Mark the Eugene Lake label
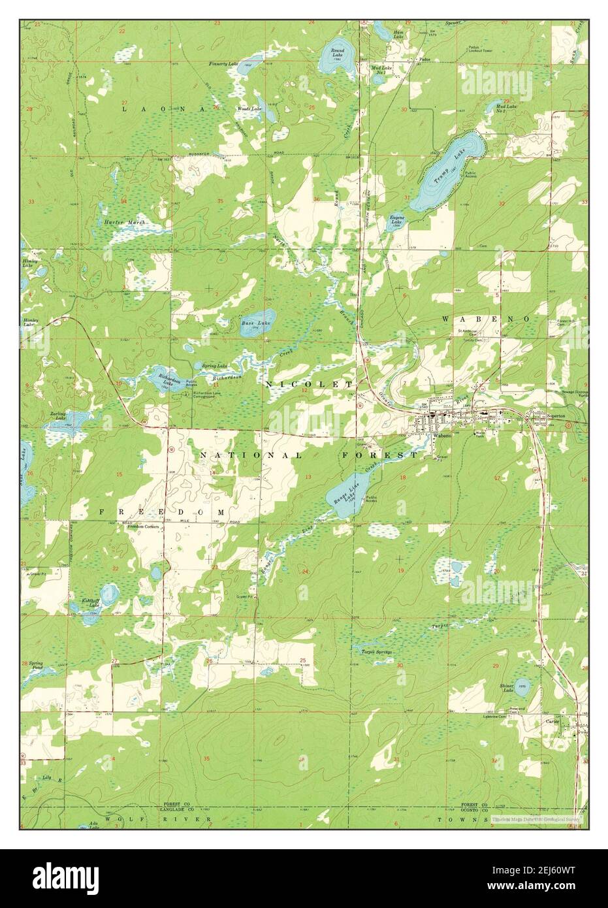397,219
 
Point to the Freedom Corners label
144,527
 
